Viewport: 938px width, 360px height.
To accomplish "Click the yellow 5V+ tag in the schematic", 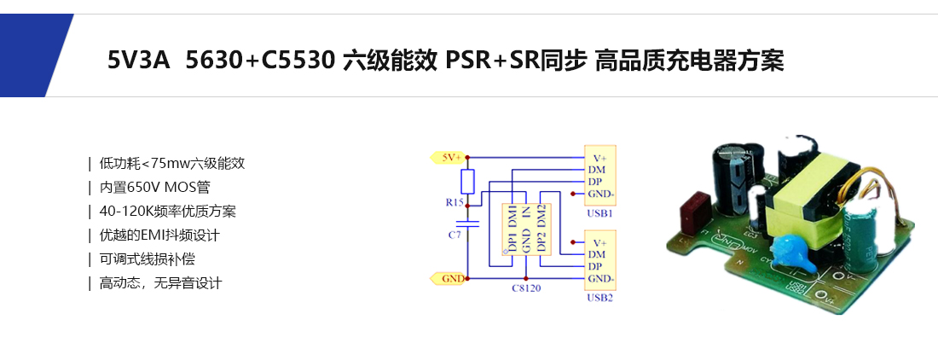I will [x=449, y=157].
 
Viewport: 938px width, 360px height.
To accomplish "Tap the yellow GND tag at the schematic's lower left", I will [x=449, y=278].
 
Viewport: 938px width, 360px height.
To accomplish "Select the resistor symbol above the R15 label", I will [x=467, y=182].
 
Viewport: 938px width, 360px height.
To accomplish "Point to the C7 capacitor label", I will [x=455, y=233].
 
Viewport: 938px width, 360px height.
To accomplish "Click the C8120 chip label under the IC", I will [x=525, y=288].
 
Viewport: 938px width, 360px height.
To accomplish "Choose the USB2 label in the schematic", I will [x=599, y=298].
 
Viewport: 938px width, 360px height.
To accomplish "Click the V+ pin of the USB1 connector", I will [x=599, y=157].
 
